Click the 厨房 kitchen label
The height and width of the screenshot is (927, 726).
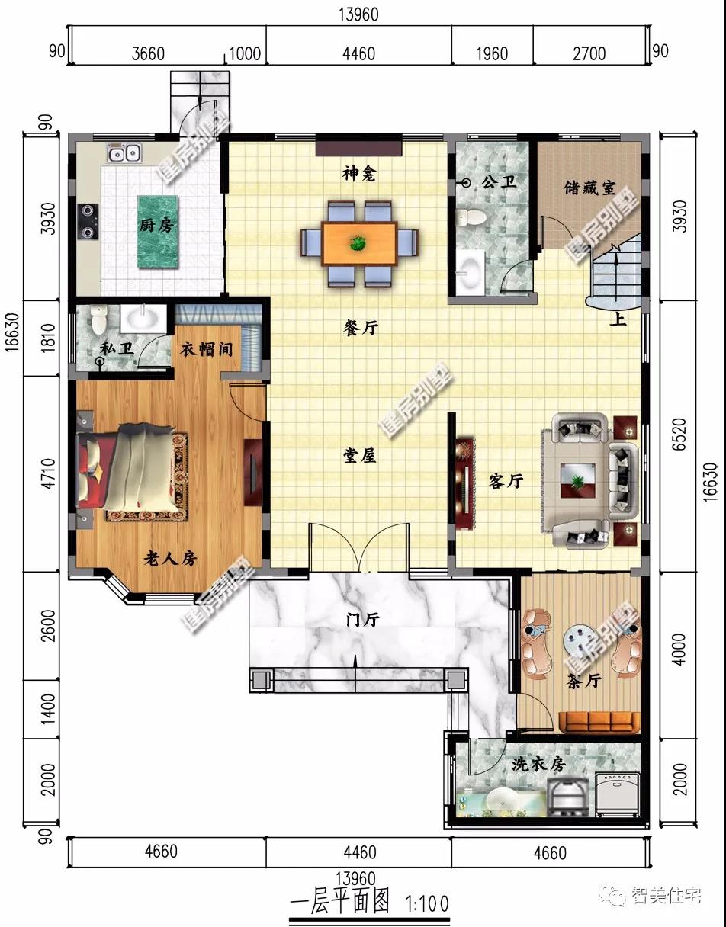157,225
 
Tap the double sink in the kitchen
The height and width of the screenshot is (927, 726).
124,152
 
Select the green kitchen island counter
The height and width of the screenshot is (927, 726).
157,232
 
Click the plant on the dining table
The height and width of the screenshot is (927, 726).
358,244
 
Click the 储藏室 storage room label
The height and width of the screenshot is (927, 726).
589,188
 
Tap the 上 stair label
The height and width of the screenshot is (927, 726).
617,319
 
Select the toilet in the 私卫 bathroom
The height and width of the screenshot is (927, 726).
98,319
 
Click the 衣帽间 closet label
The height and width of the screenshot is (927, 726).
207,349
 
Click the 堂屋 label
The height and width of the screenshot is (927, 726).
360,456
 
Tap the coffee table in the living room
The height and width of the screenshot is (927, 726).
578,480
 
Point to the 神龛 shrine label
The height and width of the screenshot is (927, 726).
358,174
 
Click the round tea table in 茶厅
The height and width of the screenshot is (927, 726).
580,639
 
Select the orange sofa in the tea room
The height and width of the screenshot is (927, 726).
599,722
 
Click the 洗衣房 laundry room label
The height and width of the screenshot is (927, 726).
538,764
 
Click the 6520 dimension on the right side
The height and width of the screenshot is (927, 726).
679,434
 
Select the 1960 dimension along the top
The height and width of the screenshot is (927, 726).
492,54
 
